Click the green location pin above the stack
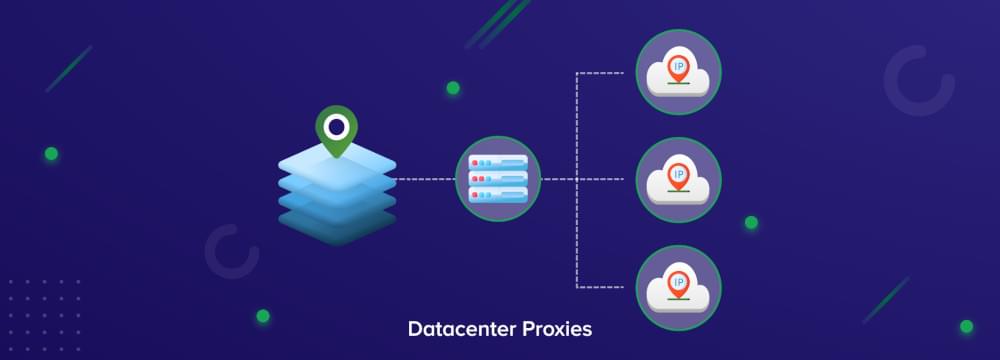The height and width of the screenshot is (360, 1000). [x=337, y=131]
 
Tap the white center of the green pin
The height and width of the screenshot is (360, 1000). [x=337, y=126]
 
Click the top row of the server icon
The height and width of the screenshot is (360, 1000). [x=498, y=163]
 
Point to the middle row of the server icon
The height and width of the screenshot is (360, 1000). [x=498, y=178]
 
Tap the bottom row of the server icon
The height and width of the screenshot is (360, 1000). [x=498, y=193]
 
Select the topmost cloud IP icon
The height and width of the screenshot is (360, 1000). [x=678, y=72]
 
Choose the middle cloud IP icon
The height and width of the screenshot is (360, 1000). [x=678, y=180]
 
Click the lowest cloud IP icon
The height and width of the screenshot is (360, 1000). [x=678, y=288]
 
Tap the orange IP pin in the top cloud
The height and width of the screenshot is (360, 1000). [x=679, y=65]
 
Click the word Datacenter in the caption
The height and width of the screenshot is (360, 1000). [x=457, y=329]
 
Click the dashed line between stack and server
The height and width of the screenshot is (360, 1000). [x=425, y=180]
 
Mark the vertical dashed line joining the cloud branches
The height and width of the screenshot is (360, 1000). [x=577, y=180]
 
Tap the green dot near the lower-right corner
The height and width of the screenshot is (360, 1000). [x=966, y=326]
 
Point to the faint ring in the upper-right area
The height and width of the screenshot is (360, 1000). [x=919, y=81]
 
